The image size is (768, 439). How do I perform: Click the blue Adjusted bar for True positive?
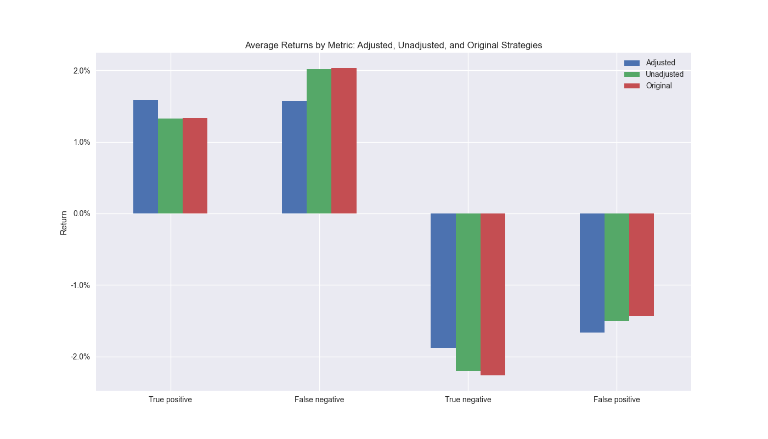tap(145, 157)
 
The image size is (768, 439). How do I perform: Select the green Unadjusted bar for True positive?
tap(170, 166)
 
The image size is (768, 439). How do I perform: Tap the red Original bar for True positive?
tap(195, 166)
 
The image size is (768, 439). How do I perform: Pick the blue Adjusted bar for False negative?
tap(294, 157)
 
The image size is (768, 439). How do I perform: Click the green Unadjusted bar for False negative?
tap(319, 142)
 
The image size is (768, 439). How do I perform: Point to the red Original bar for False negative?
tap(344, 141)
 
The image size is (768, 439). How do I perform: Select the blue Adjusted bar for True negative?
tap(443, 280)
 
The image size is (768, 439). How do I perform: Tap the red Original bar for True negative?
tap(493, 294)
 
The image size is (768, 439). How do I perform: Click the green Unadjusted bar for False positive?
tap(617, 267)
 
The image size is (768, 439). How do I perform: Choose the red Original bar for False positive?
tap(641, 264)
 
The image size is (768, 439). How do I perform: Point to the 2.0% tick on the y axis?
tap(81, 71)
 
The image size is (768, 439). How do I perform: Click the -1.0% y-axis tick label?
tap(80, 285)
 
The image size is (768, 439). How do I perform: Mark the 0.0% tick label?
tap(81, 213)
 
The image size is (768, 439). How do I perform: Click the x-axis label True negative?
tap(468, 399)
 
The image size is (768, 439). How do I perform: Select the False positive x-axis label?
tap(617, 399)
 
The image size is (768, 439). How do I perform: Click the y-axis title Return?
tap(64, 223)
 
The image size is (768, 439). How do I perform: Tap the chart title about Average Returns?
tap(393, 45)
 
